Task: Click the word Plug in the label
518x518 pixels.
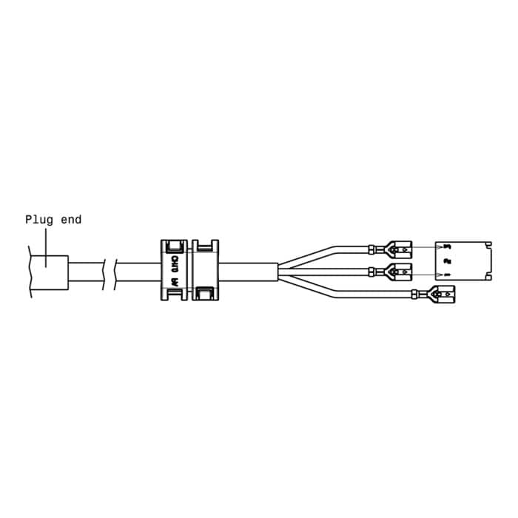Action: pyautogui.click(x=38, y=219)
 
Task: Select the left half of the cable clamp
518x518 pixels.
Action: pyautogui.click(x=175, y=270)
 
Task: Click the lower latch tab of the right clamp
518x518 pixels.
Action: pyautogui.click(x=204, y=295)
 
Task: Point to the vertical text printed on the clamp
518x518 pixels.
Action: pyautogui.click(x=174, y=271)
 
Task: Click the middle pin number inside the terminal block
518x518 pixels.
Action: pyautogui.click(x=446, y=260)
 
